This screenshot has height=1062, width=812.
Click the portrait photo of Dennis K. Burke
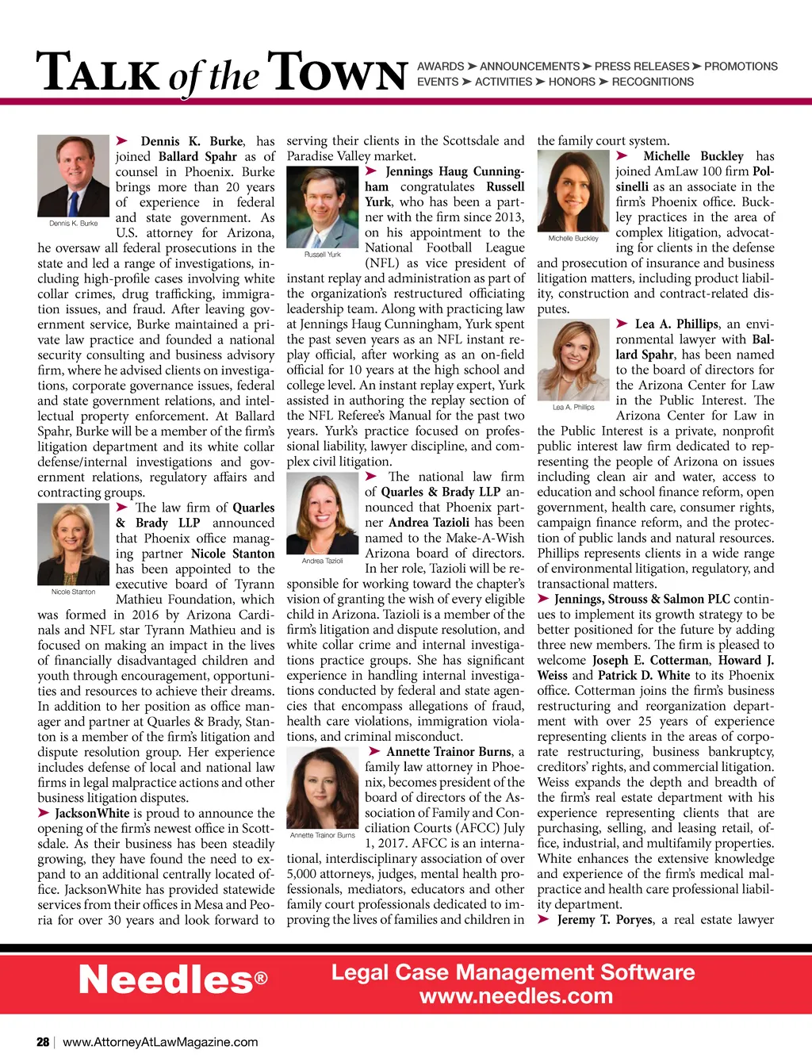click(x=73, y=175)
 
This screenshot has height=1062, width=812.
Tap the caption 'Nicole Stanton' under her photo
click(x=73, y=592)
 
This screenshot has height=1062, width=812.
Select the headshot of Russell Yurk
click(x=323, y=207)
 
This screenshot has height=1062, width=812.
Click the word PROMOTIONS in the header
click(x=741, y=67)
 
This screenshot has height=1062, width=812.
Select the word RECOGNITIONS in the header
click(x=653, y=82)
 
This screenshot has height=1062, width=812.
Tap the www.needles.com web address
click(x=516, y=996)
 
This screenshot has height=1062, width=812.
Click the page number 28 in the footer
click(x=43, y=1042)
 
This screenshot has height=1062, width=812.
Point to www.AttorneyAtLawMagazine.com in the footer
click(x=160, y=1042)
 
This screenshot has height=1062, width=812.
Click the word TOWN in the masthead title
click(x=338, y=73)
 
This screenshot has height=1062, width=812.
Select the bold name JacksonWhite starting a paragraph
click(x=92, y=813)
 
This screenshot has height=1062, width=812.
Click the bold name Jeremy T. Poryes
click(x=605, y=919)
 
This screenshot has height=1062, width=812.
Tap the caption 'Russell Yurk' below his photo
click(x=323, y=255)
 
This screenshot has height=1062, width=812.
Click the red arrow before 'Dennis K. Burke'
click(x=122, y=141)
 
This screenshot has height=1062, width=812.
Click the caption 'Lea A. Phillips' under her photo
click(x=573, y=408)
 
